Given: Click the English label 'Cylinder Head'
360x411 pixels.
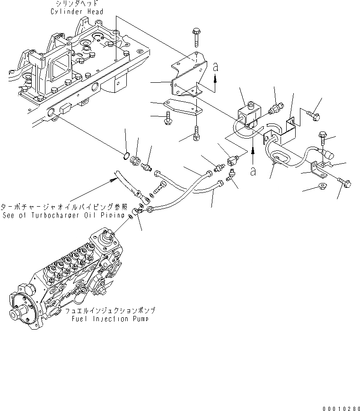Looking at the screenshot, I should pyautogui.click(x=77, y=11).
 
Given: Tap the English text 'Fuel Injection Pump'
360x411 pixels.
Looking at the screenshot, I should pyautogui.click(x=110, y=319).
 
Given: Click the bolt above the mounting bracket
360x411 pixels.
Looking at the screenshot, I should pyautogui.click(x=196, y=36).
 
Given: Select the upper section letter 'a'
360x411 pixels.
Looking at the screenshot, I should pyautogui.click(x=216, y=69).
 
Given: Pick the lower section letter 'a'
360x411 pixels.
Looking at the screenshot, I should pyautogui.click(x=254, y=171).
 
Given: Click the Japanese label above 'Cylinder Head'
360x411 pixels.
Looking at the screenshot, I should pyautogui.click(x=77, y=4).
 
